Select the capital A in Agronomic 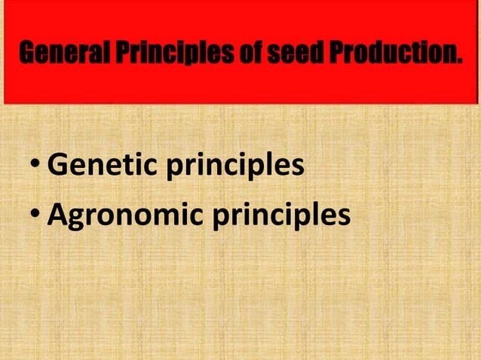(x=59, y=215)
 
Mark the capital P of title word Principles (x=121, y=54)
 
